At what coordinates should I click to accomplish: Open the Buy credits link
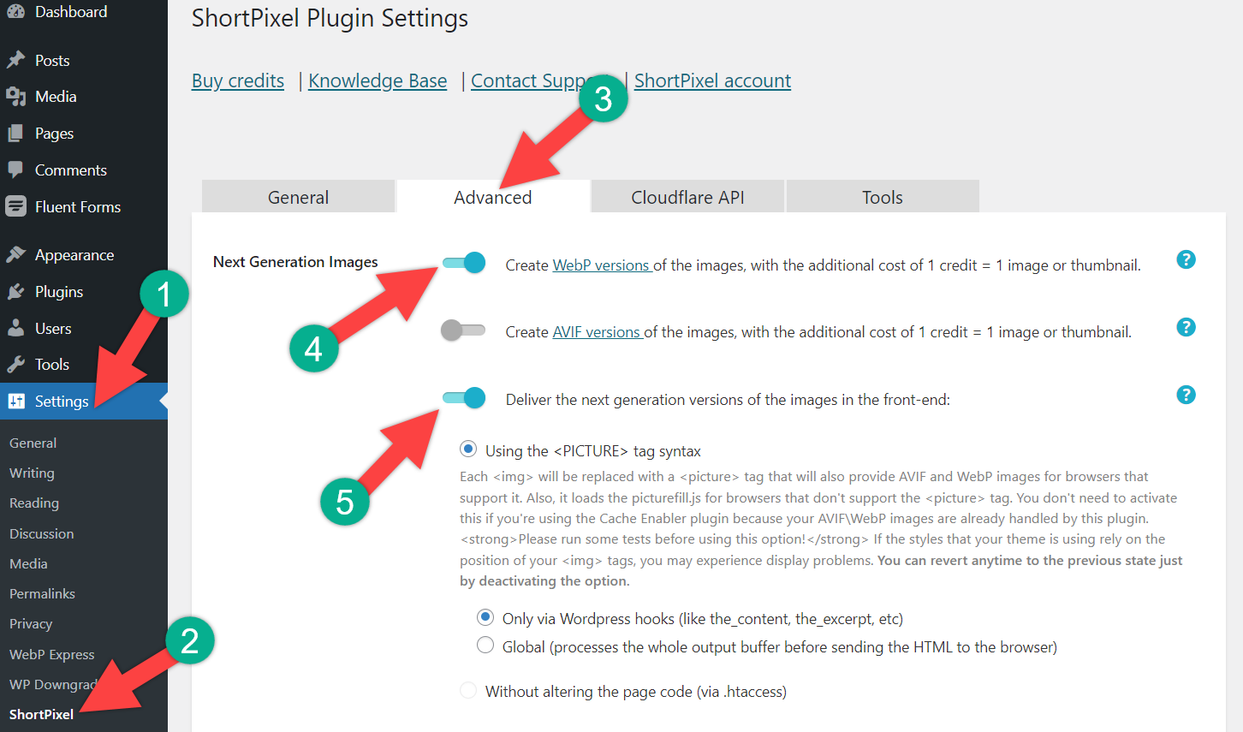tap(237, 81)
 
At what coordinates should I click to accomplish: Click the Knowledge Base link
tap(378, 81)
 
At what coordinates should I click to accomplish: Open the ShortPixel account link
tap(712, 81)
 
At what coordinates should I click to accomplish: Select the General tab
tap(298, 197)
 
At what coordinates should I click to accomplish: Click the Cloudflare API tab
tap(687, 197)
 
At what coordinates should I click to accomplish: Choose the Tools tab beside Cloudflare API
tap(883, 197)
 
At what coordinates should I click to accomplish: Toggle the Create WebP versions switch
tap(463, 263)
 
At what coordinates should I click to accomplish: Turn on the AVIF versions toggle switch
tap(463, 330)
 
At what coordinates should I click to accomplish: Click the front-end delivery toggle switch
tap(463, 398)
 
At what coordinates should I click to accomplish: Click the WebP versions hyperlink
tap(603, 265)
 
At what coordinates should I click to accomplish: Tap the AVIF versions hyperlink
tap(598, 332)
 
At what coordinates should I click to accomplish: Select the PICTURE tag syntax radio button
tap(468, 449)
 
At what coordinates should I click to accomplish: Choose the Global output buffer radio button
tap(485, 645)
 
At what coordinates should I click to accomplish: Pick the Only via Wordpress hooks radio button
tap(485, 617)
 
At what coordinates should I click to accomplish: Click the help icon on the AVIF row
tap(1186, 327)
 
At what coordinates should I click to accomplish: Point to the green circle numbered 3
tap(604, 98)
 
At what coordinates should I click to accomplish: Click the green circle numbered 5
tap(345, 502)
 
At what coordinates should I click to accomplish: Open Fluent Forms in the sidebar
tap(78, 207)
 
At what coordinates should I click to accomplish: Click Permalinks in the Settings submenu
tap(42, 593)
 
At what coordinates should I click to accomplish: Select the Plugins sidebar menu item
tap(59, 292)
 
